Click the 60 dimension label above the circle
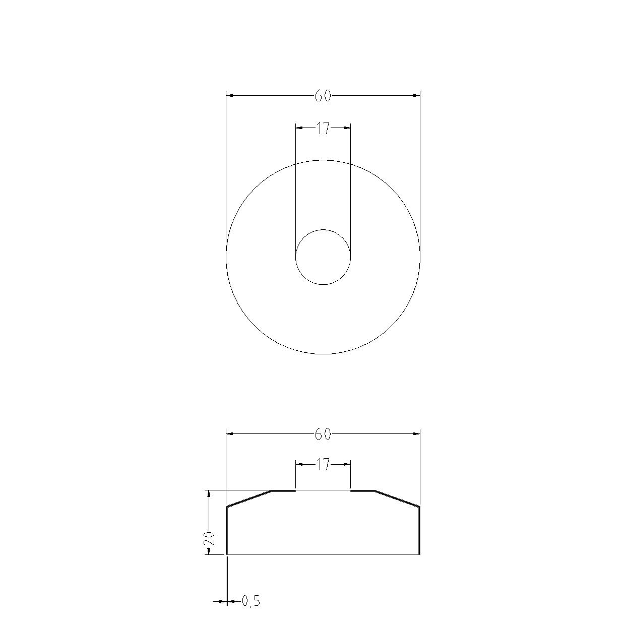[x=323, y=96]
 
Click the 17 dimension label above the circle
[x=323, y=129]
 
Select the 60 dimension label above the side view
[x=323, y=434]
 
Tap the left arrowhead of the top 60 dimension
[x=230, y=95]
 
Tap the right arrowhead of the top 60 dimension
[x=416, y=95]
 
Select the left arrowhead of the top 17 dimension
[x=299, y=128]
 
